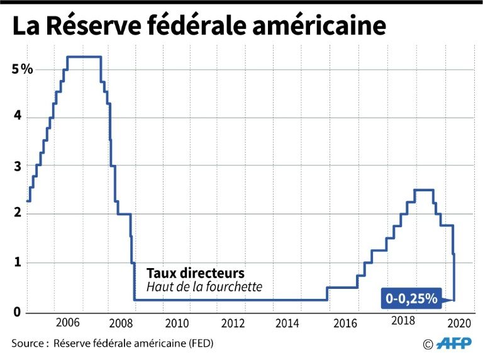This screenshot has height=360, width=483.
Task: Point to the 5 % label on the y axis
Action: [22, 69]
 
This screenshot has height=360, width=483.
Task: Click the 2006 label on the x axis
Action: [67, 323]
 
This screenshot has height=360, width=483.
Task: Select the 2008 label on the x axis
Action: [122, 323]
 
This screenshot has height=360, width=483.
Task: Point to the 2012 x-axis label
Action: [233, 323]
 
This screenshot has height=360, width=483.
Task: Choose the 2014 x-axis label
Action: [288, 323]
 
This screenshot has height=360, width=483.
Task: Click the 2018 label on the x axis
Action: [402, 321]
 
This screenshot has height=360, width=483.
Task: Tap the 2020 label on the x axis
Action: [458, 323]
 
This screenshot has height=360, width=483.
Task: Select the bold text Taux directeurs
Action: [195, 274]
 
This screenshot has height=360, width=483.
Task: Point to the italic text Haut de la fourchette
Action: [204, 287]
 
